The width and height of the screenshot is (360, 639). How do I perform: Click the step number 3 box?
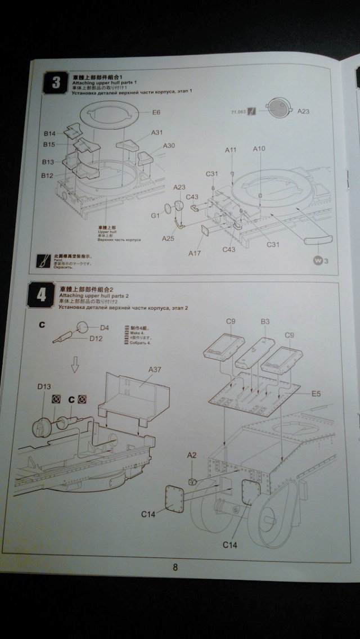56,83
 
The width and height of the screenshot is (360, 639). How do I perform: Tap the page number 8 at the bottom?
175,567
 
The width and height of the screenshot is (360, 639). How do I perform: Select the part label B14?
50,134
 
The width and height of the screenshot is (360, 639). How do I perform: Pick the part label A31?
157,133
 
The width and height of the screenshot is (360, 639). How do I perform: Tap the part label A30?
169,146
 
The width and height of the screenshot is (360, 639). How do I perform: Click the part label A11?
231,150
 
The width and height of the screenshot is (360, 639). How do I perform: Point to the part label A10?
259,149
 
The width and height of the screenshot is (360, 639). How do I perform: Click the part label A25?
168,238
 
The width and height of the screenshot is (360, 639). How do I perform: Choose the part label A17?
195,253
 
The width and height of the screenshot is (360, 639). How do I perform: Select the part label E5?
316,394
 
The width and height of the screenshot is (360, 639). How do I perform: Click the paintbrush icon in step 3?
40,262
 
